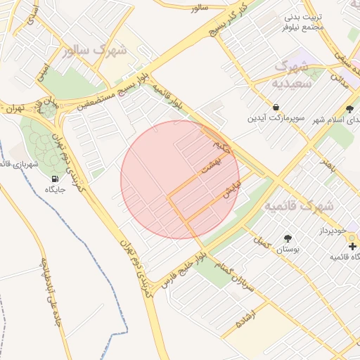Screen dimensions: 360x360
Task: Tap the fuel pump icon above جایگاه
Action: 56,179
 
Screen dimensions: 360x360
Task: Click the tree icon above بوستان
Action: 287,238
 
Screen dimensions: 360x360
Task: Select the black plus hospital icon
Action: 352,246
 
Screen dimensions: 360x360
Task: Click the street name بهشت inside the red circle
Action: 210,166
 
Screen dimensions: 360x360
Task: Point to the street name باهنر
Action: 329,167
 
